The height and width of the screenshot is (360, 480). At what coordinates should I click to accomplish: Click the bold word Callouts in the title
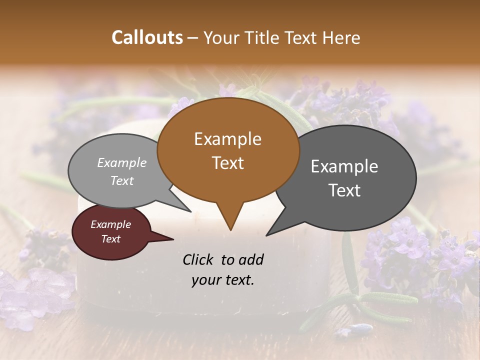[x=147, y=37]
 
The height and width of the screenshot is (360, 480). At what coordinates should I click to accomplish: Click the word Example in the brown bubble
[x=227, y=139]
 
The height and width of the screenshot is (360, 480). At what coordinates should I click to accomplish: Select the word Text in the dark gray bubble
[x=344, y=190]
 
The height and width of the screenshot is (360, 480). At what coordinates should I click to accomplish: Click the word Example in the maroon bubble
[x=110, y=224]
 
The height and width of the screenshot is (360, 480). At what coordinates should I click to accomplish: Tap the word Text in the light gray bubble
[x=122, y=180]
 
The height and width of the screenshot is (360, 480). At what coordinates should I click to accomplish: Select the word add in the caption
[x=251, y=259]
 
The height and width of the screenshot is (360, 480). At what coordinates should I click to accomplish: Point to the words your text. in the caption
[x=223, y=280]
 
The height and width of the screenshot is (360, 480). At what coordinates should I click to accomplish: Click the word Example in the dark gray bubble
[x=344, y=166]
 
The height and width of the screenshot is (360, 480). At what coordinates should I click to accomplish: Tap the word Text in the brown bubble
[x=228, y=163]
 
